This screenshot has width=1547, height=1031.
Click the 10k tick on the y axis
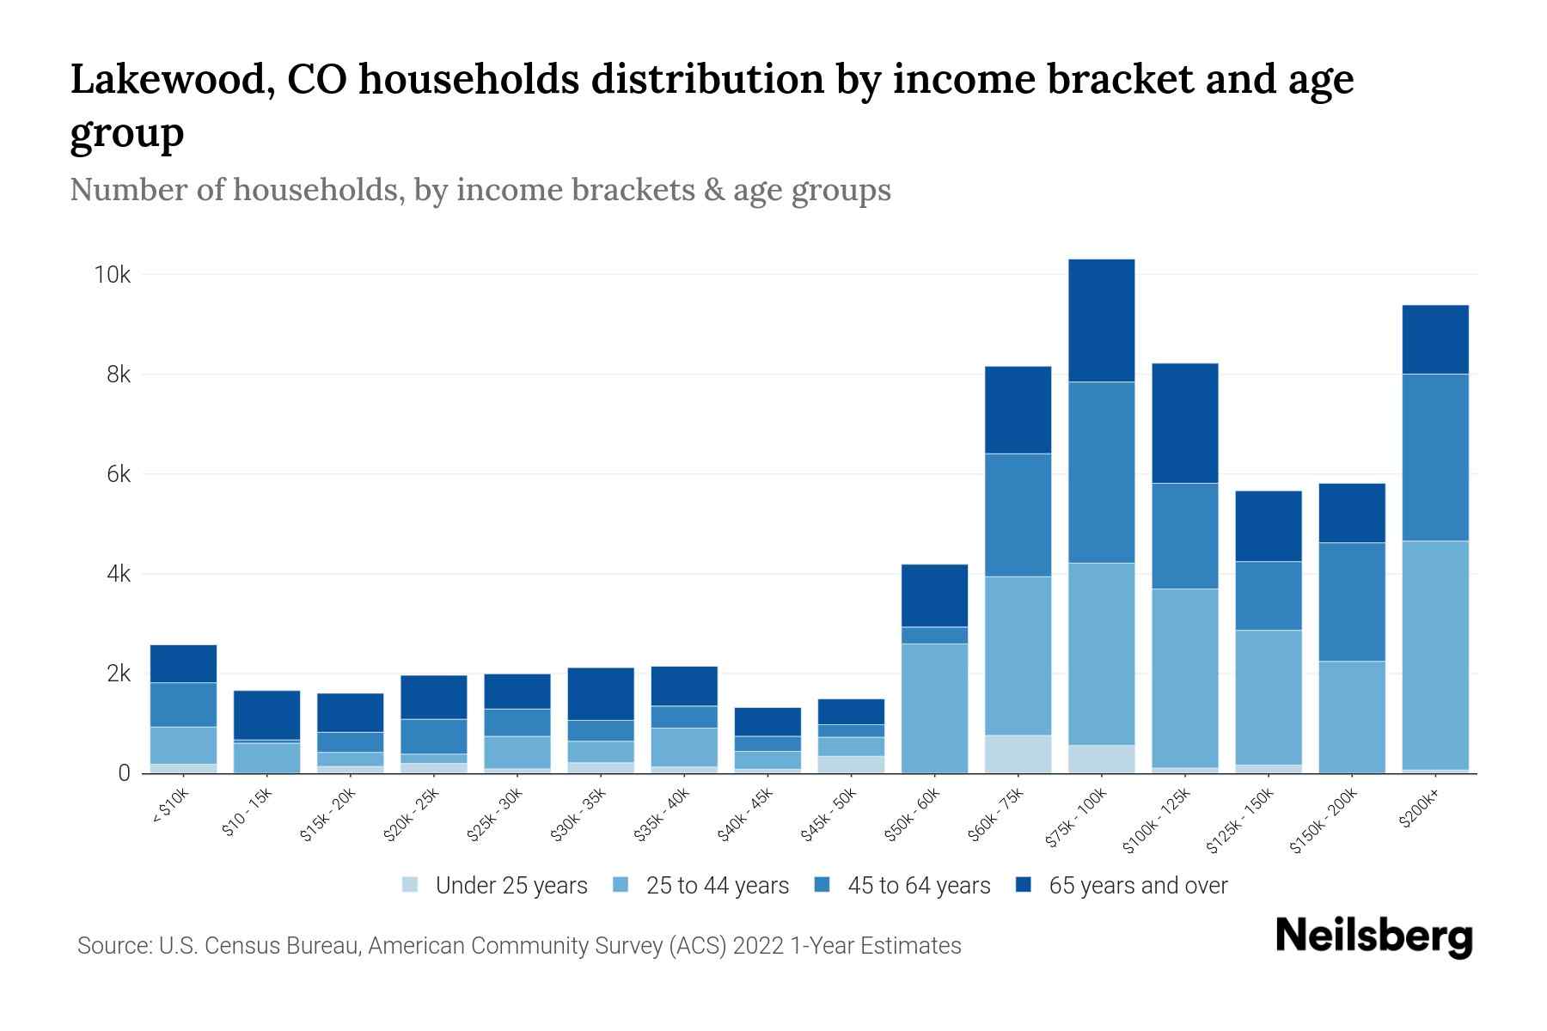coord(113,275)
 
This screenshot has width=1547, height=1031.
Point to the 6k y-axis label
coord(119,474)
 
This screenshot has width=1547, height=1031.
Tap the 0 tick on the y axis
coord(125,773)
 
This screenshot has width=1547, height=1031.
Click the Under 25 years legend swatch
coord(411,885)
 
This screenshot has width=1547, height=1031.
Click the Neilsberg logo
coord(1373,936)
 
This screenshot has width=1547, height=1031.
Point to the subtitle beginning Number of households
coord(480,190)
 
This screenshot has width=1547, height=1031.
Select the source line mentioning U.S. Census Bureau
coord(519,946)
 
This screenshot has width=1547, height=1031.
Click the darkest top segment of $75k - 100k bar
coord(1101,320)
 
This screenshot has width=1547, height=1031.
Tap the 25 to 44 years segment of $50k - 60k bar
coord(934,708)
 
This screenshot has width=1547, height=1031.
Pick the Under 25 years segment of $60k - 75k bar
coord(1018,753)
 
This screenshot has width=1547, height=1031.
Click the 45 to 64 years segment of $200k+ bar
coord(1434,457)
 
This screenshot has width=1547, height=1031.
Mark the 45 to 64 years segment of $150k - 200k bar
coord(1352,601)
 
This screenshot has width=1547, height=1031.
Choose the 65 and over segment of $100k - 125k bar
coord(1184,423)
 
